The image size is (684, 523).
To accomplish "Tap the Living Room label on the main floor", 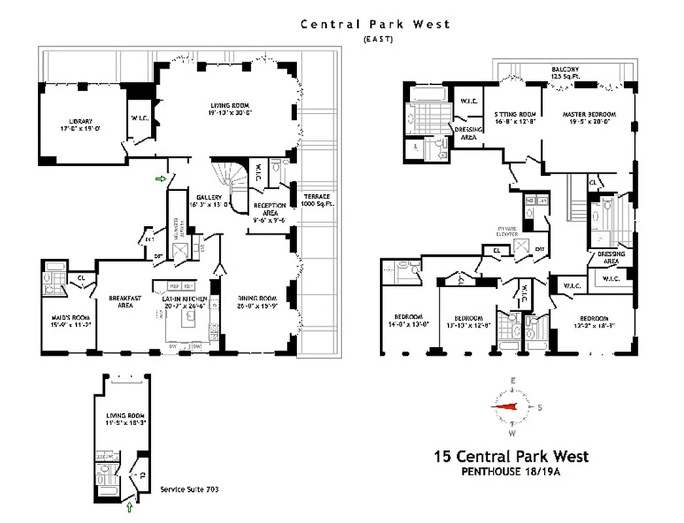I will click(x=230, y=109).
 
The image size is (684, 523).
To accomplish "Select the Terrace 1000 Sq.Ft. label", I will click(x=316, y=201).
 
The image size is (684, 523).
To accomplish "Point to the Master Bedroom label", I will click(x=589, y=118).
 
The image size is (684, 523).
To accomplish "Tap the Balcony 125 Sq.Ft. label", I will click(x=565, y=73).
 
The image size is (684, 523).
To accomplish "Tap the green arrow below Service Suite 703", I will click(x=129, y=507).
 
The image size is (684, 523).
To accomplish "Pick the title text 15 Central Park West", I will click(x=511, y=456).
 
